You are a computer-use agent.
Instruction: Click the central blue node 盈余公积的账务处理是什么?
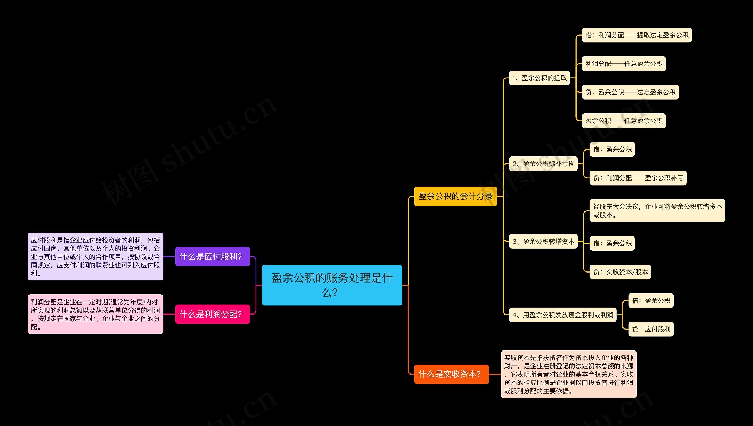(332, 285)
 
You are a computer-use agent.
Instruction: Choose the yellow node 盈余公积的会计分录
(455, 196)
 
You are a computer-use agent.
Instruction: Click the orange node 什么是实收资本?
(451, 374)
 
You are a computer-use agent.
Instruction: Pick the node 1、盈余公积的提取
(539, 78)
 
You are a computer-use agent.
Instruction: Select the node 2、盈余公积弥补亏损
(543, 164)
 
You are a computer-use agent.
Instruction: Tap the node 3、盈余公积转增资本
(543, 241)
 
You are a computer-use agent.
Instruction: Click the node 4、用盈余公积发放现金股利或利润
(562, 315)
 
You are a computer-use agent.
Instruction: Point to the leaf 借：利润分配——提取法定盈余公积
(637, 35)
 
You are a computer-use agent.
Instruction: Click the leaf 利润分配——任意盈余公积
(624, 64)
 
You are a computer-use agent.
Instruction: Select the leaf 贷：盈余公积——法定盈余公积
(630, 92)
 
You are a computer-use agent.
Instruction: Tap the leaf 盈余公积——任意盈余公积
(624, 121)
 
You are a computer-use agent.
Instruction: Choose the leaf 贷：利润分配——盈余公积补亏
(638, 178)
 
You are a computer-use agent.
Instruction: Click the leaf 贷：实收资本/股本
(620, 272)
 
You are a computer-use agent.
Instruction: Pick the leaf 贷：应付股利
(651, 329)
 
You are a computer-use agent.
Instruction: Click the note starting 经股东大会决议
(657, 211)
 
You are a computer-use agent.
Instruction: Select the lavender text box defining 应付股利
(95, 256)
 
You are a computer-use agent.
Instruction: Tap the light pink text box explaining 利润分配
(95, 314)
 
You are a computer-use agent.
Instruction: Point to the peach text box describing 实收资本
(568, 374)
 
